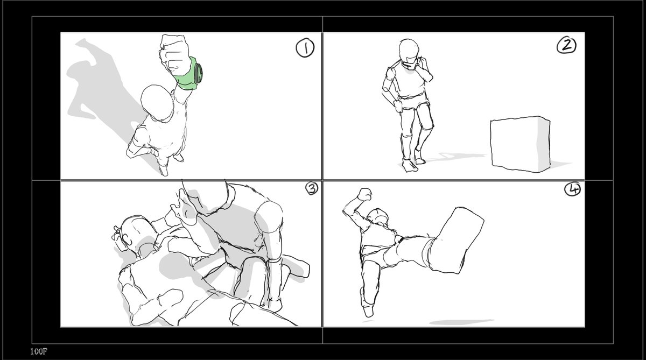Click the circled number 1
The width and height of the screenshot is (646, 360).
click(x=305, y=48)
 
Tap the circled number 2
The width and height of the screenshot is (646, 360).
click(x=566, y=46)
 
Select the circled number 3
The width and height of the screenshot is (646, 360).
click(x=312, y=188)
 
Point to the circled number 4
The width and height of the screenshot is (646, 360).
click(x=572, y=189)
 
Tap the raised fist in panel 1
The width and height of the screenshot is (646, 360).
click(x=174, y=55)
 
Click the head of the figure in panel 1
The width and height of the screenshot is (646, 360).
click(x=157, y=102)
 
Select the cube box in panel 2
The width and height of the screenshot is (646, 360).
click(x=520, y=144)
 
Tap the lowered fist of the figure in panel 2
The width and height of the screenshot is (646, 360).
click(x=398, y=107)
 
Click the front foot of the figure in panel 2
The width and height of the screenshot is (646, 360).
click(x=409, y=165)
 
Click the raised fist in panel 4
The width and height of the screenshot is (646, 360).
click(x=364, y=194)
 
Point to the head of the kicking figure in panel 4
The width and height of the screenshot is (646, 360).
click(x=378, y=216)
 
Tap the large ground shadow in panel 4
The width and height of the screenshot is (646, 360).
click(x=461, y=322)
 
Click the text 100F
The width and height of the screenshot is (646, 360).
click(x=39, y=351)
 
